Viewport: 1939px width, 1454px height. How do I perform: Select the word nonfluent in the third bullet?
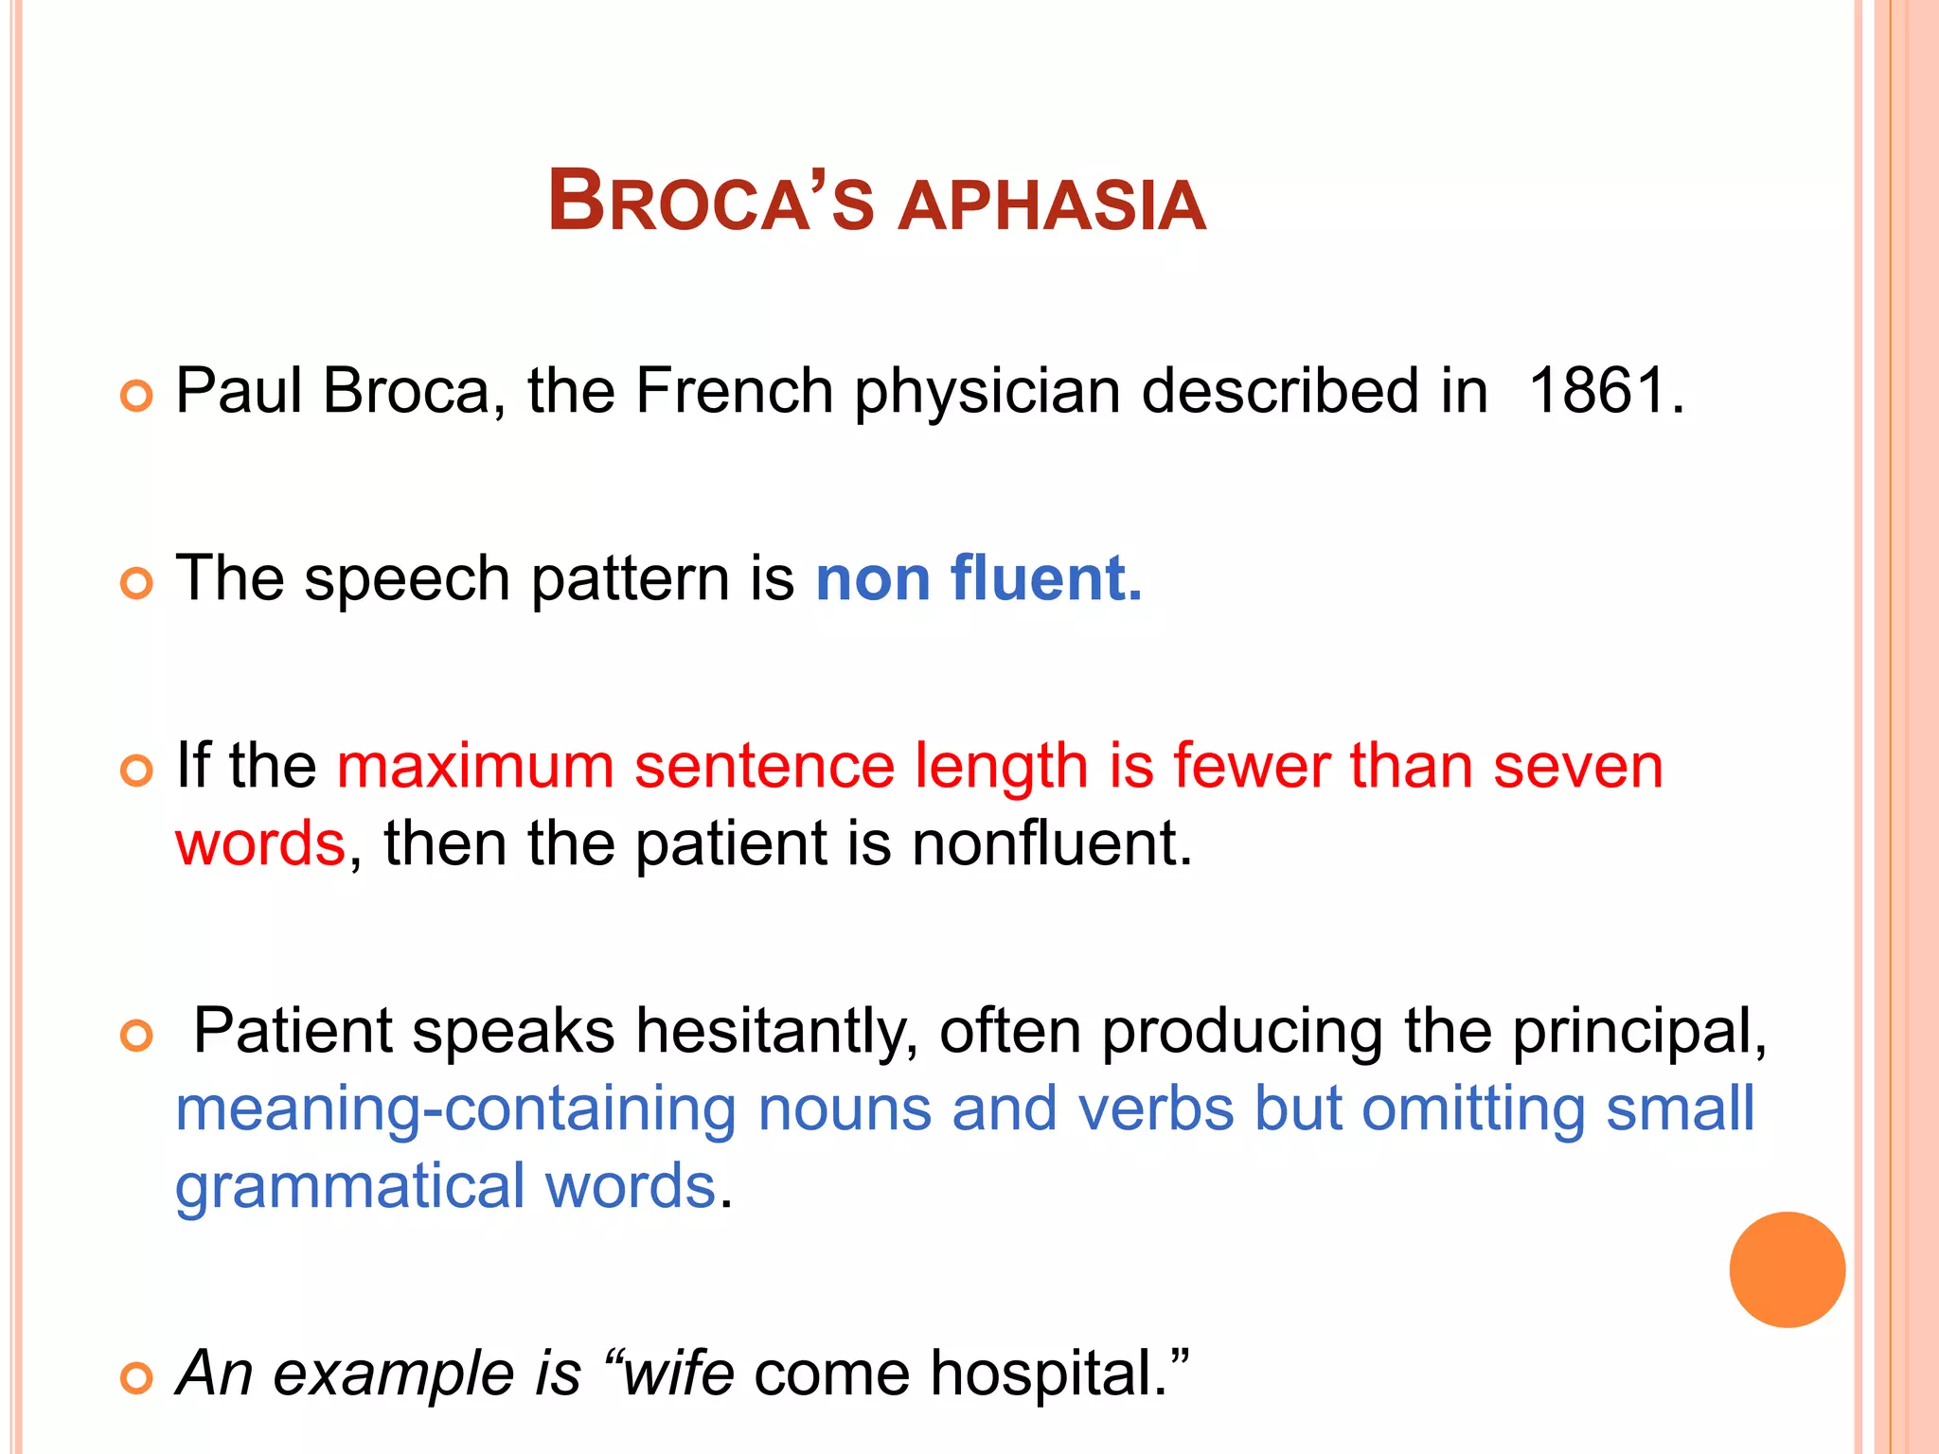coord(1051,842)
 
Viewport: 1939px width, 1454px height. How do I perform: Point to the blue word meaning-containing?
coord(455,1109)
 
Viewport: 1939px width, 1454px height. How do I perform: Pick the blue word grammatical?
coord(350,1187)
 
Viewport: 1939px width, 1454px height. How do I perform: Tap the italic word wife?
coord(678,1373)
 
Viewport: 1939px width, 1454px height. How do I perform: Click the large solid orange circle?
coord(1787,1269)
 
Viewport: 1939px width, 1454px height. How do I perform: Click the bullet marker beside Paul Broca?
coord(136,396)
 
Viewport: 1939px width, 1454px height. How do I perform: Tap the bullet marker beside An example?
coord(136,1378)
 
